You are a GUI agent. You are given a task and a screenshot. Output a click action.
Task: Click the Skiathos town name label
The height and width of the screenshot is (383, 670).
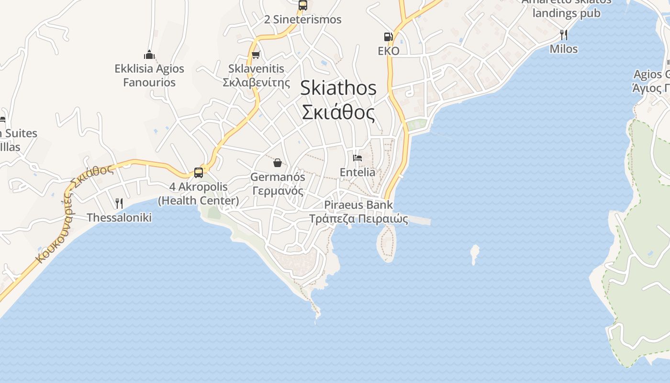[338, 100]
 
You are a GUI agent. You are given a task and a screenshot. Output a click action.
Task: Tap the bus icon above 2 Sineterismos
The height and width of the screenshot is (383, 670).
[302, 5]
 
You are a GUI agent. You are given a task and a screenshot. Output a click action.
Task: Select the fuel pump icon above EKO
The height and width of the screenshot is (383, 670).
[388, 36]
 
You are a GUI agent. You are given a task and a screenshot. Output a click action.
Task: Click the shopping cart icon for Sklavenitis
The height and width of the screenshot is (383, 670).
[256, 55]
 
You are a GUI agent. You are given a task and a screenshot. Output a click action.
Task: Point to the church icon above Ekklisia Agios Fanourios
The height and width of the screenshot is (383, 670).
[149, 55]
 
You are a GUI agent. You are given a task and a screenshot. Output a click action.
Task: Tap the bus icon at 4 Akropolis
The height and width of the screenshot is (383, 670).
[199, 172]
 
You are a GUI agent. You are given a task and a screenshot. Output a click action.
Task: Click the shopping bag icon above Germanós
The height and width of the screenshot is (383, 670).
[278, 163]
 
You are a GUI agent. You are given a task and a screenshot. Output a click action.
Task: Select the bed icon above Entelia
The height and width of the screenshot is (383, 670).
[357, 158]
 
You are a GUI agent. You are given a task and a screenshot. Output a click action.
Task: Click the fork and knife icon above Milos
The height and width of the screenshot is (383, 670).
[564, 34]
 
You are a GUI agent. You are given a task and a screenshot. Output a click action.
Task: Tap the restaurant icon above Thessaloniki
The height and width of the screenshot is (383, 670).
[119, 203]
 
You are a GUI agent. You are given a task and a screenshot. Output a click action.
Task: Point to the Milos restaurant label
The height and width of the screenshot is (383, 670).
[564, 49]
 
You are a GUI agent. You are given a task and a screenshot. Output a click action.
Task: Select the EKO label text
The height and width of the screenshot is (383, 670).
[388, 51]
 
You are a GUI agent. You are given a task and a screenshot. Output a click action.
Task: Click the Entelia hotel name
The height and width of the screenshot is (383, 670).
[357, 172]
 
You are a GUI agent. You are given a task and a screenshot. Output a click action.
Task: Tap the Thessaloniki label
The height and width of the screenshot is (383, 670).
[119, 218]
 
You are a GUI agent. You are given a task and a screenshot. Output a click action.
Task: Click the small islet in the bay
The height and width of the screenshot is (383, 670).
[475, 253]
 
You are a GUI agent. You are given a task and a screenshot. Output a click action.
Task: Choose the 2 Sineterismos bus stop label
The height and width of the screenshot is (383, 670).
[303, 20]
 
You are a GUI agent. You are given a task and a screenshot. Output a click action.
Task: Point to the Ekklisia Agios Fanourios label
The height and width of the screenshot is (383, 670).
[149, 75]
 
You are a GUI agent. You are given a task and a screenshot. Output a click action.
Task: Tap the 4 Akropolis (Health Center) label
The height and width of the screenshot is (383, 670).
[199, 193]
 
